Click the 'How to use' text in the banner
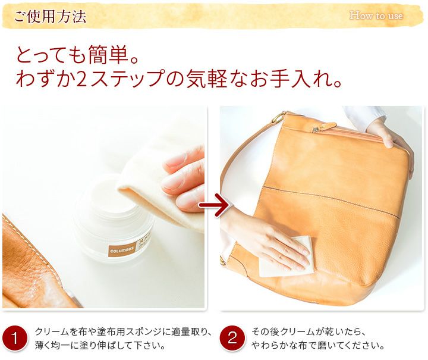pyautogui.click(x=376, y=15)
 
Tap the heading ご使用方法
pyautogui.click(x=50, y=17)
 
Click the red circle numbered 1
pyautogui.click(x=15, y=339)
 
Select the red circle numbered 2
pyautogui.click(x=232, y=338)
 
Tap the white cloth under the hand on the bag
pyautogui.click(x=285, y=256)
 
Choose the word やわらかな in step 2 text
pyautogui.click(x=274, y=346)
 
